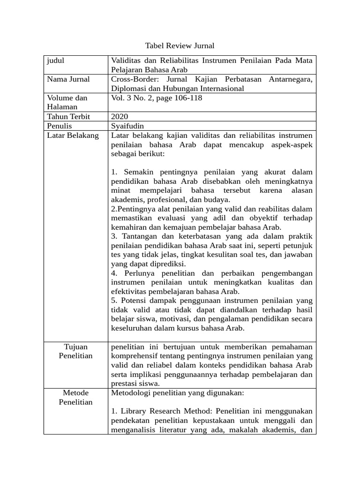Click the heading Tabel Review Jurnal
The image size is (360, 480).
click(180, 45)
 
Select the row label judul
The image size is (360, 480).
click(56, 60)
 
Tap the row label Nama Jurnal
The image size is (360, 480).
click(68, 79)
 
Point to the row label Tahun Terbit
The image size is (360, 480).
click(68, 116)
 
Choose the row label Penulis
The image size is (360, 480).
click(60, 126)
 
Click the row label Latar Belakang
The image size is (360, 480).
click(73, 135)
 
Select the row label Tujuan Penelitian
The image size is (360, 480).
click(75, 351)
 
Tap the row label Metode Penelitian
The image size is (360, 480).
click(75, 397)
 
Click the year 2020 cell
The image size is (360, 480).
click(120, 116)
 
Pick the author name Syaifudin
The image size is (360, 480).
click(127, 126)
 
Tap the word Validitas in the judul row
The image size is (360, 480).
click(127, 60)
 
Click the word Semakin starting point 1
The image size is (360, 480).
click(140, 172)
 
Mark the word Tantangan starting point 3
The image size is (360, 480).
click(140, 236)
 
